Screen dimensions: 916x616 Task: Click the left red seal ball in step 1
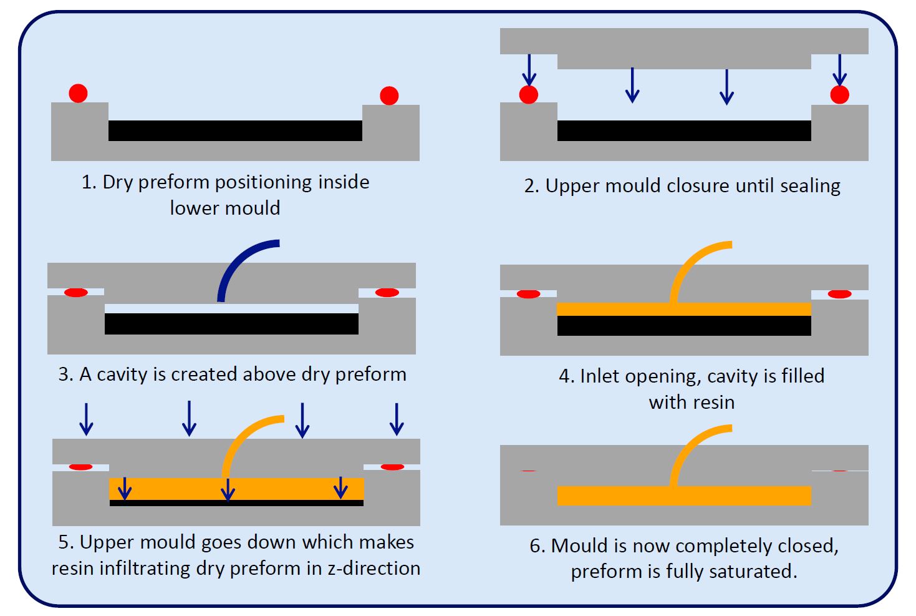coord(78,94)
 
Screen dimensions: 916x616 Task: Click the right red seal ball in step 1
coord(389,95)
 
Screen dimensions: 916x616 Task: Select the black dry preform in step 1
coord(235,130)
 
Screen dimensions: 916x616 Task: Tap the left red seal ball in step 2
coord(529,94)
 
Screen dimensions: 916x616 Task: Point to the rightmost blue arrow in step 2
coord(839,70)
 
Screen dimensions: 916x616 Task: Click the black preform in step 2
coord(684,130)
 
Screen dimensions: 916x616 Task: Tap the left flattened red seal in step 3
coord(76,293)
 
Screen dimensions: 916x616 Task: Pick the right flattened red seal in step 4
coord(839,294)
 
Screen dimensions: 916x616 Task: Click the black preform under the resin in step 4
coord(684,326)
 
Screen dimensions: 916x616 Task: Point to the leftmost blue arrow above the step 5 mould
coord(87,419)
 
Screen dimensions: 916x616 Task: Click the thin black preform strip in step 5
coord(236,503)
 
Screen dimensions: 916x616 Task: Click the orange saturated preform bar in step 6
coord(684,496)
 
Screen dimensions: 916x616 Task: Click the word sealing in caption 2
coord(810,187)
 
